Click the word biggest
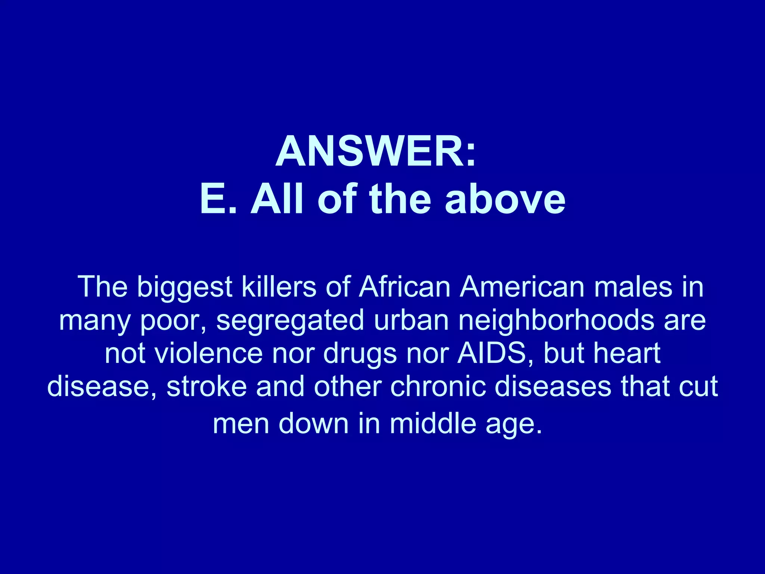(x=185, y=287)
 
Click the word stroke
(x=207, y=386)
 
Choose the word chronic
(x=437, y=386)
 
